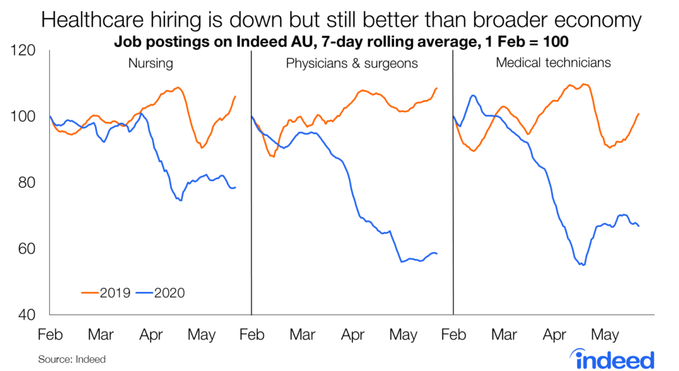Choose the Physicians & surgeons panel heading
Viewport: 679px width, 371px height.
click(x=351, y=64)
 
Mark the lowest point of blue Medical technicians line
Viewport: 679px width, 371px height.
click(x=583, y=265)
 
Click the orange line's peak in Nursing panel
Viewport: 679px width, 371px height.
click(x=177, y=88)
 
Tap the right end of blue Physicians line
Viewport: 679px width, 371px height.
click(x=437, y=254)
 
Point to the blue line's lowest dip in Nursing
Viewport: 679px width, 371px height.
click(x=180, y=200)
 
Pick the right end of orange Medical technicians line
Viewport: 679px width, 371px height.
click(x=639, y=113)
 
